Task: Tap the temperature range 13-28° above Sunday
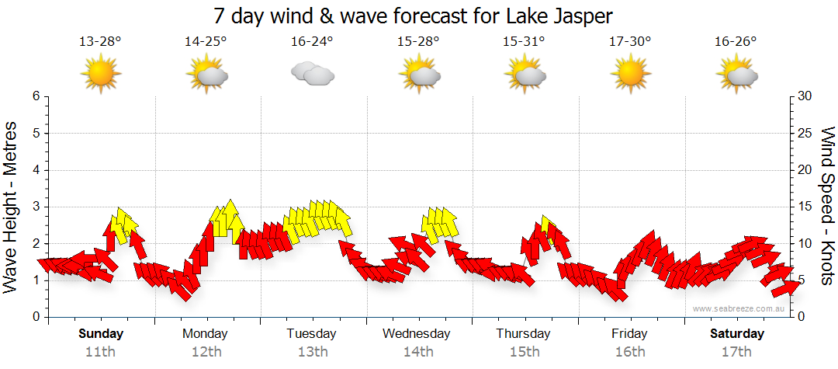(x=100, y=41)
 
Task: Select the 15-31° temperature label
(x=524, y=41)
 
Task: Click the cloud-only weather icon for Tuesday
(x=312, y=74)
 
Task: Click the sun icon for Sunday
(x=100, y=74)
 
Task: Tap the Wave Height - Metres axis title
(x=12, y=207)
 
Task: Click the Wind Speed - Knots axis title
(x=826, y=207)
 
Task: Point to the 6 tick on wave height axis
(x=36, y=96)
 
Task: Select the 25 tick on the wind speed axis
(x=806, y=133)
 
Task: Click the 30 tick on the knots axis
(x=806, y=96)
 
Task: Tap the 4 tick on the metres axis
(x=36, y=170)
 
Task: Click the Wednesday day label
(x=417, y=334)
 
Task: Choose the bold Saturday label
(x=736, y=334)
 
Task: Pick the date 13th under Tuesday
(x=312, y=351)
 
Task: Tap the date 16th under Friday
(x=629, y=351)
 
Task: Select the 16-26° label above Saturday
(x=736, y=41)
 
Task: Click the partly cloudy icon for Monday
(x=206, y=74)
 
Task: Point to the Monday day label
(x=206, y=334)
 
